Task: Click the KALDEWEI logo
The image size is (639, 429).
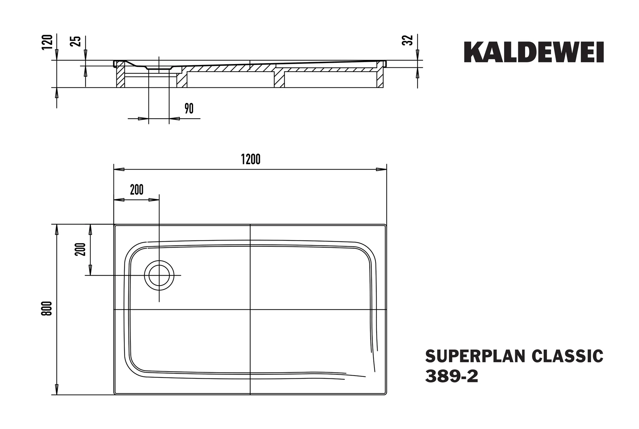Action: point(534,52)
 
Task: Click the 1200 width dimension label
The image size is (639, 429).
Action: point(251,160)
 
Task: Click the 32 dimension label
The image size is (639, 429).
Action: point(408,41)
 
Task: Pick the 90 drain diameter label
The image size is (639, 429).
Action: point(189,109)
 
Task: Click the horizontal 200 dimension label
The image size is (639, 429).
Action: point(137,190)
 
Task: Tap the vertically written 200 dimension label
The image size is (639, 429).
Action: point(80,249)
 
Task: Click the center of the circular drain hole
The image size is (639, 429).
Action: point(159,275)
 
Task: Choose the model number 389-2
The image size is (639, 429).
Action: point(451,377)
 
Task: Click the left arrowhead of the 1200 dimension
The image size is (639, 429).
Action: point(119,170)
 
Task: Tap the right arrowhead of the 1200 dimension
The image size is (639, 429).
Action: point(381,170)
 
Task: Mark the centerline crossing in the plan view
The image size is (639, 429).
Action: point(250,309)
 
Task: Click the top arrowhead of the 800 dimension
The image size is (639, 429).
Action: point(56,229)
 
